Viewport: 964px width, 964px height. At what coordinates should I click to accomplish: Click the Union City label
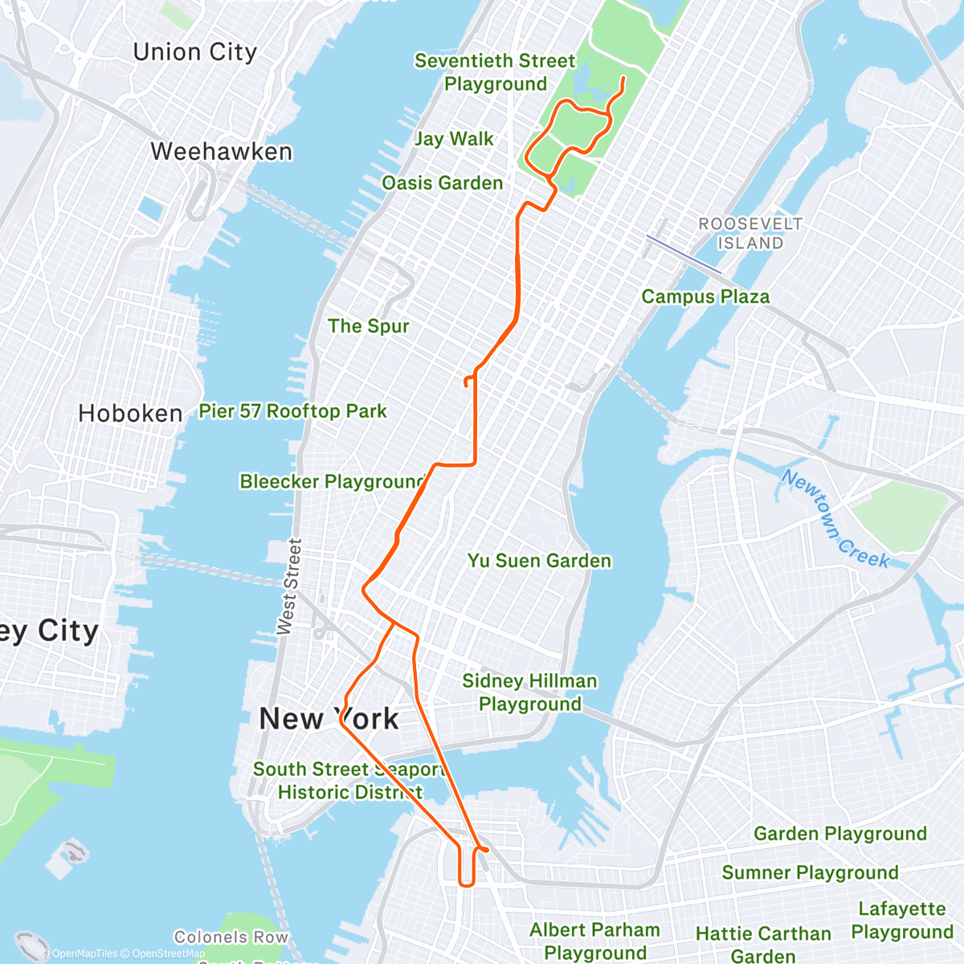(195, 53)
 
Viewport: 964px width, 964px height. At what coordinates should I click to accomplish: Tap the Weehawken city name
(221, 152)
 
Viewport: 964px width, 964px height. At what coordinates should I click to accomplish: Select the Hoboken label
(130, 414)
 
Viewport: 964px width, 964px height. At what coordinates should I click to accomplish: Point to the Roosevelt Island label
(750, 233)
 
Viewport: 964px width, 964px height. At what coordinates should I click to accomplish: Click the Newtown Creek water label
(835, 519)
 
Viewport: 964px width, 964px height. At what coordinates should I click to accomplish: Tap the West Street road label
(288, 587)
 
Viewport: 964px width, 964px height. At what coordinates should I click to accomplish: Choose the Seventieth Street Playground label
(495, 72)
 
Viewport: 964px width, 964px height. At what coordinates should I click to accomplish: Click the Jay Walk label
(454, 139)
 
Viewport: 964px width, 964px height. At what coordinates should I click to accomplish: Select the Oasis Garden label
(443, 183)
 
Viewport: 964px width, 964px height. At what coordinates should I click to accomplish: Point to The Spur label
(369, 326)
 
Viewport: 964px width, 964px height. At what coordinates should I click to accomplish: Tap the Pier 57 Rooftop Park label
(293, 411)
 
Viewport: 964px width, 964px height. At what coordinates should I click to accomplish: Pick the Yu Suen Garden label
(540, 561)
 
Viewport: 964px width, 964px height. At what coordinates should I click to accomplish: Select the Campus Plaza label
(705, 297)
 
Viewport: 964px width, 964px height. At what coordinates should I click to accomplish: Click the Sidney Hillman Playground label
(530, 692)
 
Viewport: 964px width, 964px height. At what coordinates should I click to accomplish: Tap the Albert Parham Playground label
(594, 941)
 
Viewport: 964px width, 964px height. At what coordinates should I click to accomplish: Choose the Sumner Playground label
(810, 873)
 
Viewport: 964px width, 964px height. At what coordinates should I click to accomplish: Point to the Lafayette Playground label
(902, 921)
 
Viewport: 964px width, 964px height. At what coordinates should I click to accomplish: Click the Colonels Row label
(231, 937)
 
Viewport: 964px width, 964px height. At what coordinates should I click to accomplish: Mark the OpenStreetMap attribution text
(168, 954)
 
